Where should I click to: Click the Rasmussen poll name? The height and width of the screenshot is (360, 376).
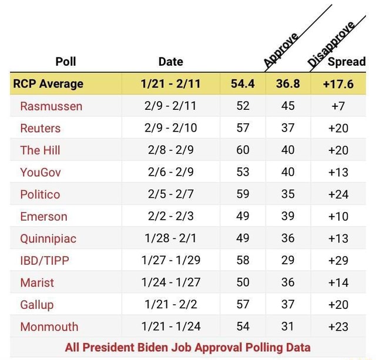(51, 106)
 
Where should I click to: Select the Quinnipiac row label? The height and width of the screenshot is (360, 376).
(48, 238)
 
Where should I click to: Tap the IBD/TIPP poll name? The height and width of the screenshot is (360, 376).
(45, 260)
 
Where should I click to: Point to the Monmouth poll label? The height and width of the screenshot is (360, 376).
(49, 327)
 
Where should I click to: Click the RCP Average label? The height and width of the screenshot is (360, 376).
(48, 83)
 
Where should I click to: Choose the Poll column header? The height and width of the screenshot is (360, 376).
(65, 61)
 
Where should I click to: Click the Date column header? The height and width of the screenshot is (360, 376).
(170, 61)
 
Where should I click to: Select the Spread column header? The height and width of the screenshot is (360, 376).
(347, 61)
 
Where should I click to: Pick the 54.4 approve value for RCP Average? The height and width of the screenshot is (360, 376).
(243, 83)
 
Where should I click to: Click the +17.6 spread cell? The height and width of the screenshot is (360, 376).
(338, 83)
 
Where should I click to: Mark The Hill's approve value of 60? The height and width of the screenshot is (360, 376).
(243, 150)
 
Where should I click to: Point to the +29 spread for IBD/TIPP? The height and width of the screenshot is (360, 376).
(338, 260)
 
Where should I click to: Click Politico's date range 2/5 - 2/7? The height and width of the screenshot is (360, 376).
(170, 194)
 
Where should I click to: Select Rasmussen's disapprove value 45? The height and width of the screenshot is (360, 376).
(288, 106)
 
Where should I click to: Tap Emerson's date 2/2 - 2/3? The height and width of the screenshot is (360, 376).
(170, 216)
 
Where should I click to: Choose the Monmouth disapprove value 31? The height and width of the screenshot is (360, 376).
(288, 327)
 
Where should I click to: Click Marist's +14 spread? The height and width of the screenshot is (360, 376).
(338, 282)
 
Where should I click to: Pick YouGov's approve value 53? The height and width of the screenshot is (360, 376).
(243, 172)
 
